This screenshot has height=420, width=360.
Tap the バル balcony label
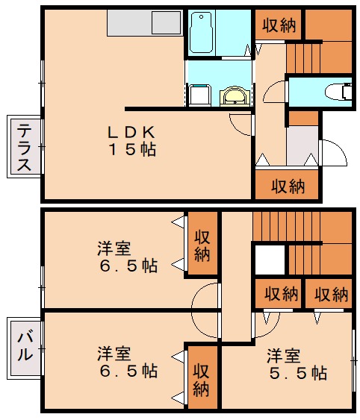coord(25,343)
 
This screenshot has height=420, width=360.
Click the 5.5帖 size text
coord(297,372)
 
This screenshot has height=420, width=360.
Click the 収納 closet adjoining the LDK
coord(288,186)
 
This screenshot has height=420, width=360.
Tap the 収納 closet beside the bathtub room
coord(280,25)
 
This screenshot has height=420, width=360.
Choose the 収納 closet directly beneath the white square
coord(281,294)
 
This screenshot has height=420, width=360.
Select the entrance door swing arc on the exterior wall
coord(333,152)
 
